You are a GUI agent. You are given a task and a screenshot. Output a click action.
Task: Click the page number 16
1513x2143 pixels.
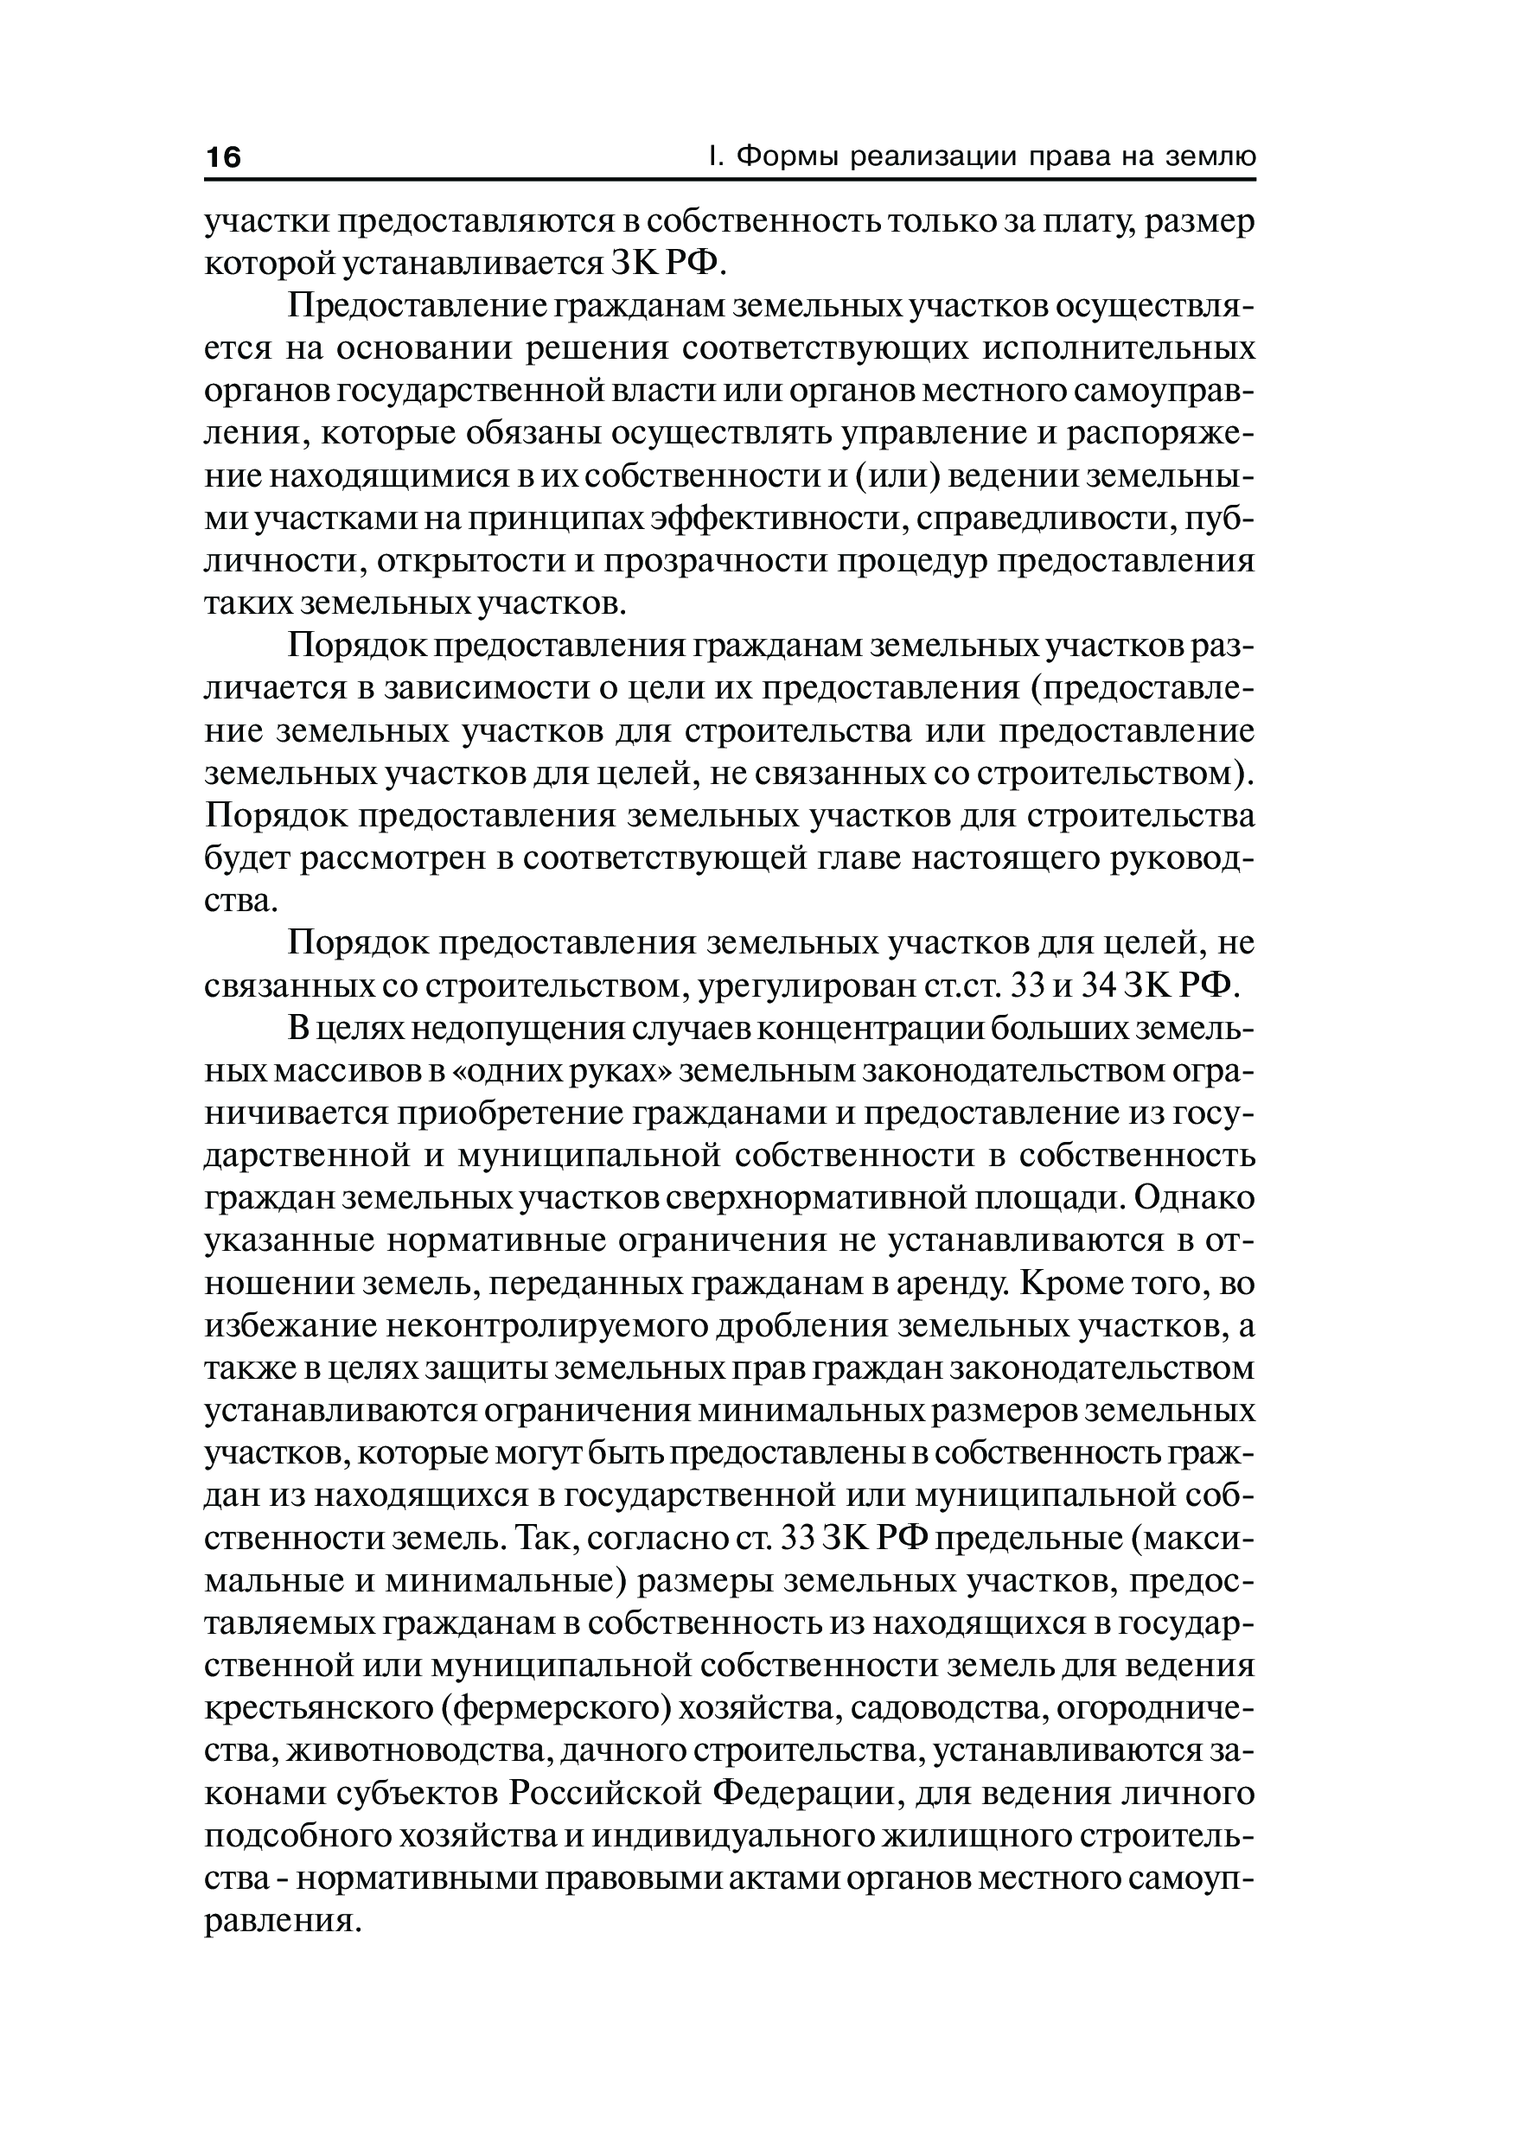click(x=223, y=156)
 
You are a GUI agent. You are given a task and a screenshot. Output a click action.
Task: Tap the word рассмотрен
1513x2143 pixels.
click(x=395, y=858)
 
